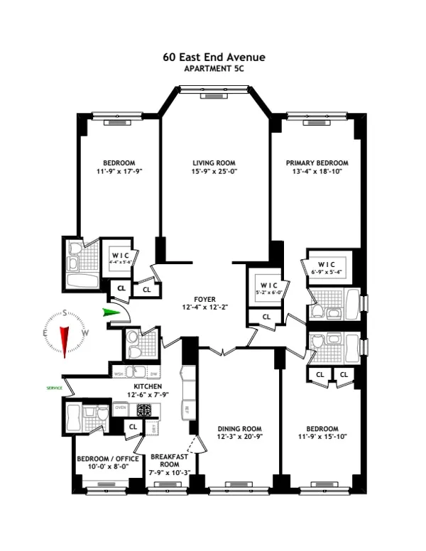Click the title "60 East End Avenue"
[213, 57]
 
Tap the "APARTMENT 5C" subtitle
[213, 68]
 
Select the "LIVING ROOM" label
[214, 163]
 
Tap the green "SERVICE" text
[54, 388]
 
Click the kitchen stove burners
[146, 410]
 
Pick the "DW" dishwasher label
[153, 373]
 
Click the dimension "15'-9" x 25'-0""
[214, 171]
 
